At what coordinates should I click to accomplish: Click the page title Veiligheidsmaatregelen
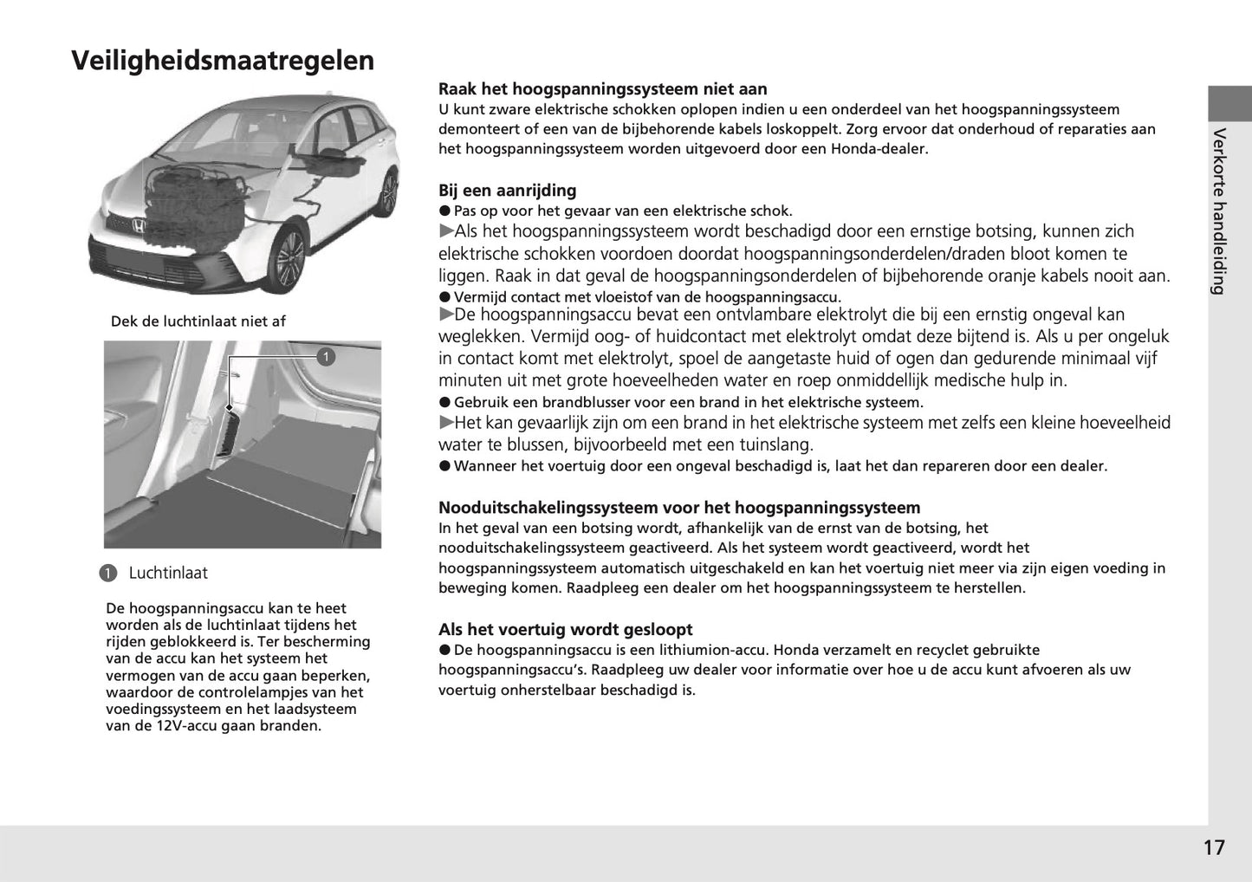[x=223, y=61]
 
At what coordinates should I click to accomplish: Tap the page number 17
[x=1214, y=847]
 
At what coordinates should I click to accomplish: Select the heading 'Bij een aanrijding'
[x=507, y=191]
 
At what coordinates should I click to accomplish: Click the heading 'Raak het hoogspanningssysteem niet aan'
[x=602, y=89]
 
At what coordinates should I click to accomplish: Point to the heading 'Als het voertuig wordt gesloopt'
[x=565, y=630]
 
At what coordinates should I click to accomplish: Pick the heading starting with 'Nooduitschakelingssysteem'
[x=678, y=508]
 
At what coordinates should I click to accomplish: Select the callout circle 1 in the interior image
[x=326, y=357]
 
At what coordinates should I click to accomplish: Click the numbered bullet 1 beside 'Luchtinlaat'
[x=107, y=574]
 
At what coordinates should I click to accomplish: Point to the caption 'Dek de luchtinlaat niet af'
[x=198, y=321]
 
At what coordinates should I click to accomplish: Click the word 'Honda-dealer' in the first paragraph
[x=882, y=149]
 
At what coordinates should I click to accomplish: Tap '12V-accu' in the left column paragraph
[x=184, y=726]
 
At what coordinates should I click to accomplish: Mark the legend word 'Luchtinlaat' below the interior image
[x=168, y=574]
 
